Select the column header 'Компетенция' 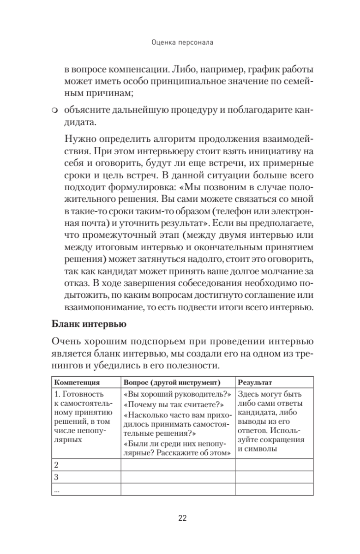pyautogui.click(x=78, y=382)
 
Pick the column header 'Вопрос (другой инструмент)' pyautogui.click(x=172, y=382)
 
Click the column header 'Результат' pyautogui.click(x=255, y=382)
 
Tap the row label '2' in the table pyautogui.click(x=56, y=464)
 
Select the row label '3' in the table pyautogui.click(x=56, y=476)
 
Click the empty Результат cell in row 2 pyautogui.click(x=274, y=464)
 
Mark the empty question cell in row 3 pyautogui.click(x=178, y=476)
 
